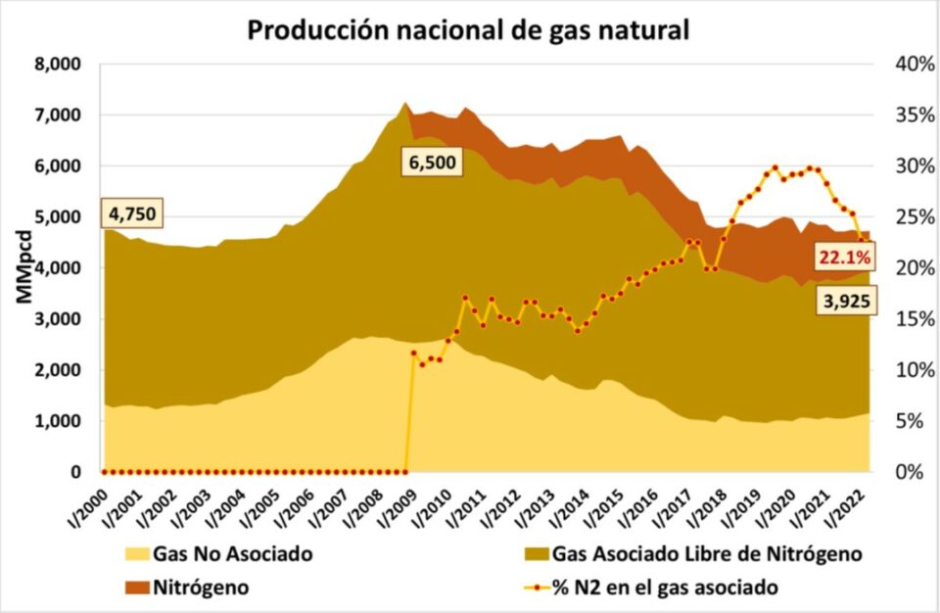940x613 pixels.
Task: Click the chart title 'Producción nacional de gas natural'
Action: pos(469,29)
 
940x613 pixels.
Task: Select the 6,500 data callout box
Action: pos(432,162)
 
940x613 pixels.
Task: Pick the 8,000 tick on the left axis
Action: pos(60,65)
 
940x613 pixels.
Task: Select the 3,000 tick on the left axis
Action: pos(60,319)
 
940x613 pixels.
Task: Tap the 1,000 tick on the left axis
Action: pos(60,421)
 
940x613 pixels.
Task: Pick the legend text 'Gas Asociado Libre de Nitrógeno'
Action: pos(707,555)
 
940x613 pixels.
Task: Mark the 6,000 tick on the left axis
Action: pos(60,166)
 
